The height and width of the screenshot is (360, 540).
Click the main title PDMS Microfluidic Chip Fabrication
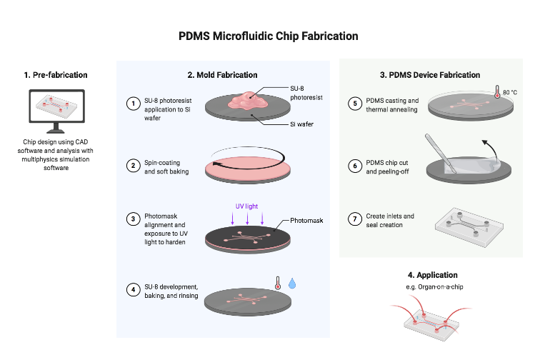click(x=269, y=36)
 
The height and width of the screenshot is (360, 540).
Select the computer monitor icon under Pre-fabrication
click(x=57, y=111)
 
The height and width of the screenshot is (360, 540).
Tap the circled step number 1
click(x=132, y=104)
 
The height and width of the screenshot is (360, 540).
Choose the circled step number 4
click(x=132, y=290)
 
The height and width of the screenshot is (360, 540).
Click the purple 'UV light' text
click(x=246, y=205)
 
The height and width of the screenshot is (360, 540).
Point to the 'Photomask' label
click(x=306, y=221)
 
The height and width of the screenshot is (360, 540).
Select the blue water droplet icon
click(x=291, y=284)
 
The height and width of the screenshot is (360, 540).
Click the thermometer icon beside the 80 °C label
click(x=496, y=93)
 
